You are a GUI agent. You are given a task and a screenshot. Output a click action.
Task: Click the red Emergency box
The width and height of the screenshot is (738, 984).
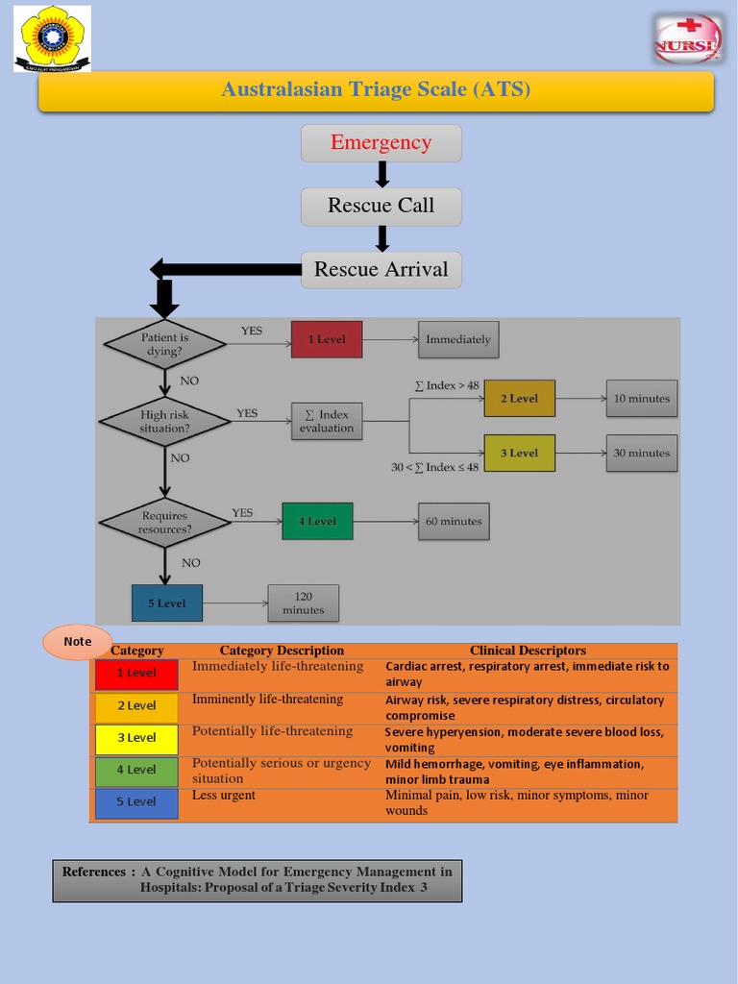381,143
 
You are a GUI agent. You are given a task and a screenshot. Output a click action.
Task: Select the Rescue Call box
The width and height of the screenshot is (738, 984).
381,206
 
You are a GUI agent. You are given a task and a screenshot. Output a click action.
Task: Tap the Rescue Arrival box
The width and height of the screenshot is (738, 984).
381,269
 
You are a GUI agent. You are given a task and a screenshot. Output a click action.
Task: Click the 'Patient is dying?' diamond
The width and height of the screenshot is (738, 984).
165,344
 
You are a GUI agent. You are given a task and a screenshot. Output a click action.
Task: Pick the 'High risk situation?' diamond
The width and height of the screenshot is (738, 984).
165,421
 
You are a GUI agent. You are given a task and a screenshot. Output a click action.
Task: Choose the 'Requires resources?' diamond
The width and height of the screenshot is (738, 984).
165,523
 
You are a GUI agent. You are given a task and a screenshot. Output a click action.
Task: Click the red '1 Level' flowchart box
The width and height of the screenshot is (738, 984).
327,339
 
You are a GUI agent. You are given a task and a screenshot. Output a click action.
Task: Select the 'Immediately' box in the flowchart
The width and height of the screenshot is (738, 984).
458,339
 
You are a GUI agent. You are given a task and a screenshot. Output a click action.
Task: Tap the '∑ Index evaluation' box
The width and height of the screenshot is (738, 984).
327,421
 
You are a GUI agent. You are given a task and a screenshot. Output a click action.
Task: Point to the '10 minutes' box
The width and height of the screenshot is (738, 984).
641,398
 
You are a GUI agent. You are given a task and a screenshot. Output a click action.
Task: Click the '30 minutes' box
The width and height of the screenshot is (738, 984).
641,453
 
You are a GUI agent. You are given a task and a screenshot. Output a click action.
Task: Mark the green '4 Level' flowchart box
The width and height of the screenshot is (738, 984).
317,521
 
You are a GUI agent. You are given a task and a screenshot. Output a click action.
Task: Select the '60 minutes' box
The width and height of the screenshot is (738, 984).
454,521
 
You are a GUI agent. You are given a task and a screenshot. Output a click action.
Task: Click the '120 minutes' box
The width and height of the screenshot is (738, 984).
304,603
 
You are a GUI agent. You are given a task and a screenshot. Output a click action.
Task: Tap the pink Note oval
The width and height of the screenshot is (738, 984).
78,641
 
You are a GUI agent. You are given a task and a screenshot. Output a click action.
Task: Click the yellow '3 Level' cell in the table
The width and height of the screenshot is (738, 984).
136,738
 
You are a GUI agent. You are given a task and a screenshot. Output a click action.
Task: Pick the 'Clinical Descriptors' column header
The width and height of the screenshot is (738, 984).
528,651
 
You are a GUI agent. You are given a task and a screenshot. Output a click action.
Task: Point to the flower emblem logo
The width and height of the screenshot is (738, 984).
53,38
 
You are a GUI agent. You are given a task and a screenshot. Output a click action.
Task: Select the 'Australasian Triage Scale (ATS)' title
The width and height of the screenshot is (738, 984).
376,90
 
